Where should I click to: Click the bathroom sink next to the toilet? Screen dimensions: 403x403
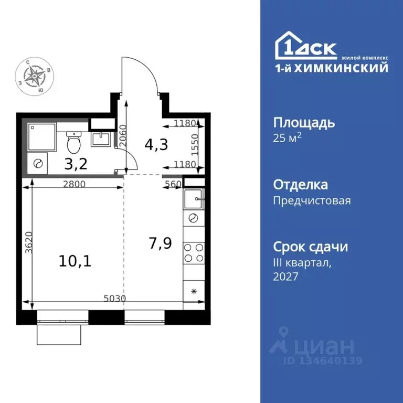point(100,139)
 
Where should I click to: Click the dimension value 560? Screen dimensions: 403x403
point(173,184)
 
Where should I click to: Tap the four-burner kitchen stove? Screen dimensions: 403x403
point(193,252)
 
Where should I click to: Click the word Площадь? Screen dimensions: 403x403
point(304,123)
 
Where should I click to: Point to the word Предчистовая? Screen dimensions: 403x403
point(312,200)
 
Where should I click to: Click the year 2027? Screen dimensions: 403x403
point(285,277)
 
